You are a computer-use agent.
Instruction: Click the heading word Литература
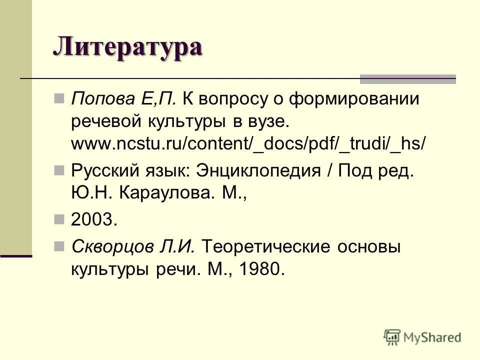point(127,47)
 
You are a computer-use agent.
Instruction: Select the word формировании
point(353,99)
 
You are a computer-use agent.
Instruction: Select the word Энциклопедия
point(254,170)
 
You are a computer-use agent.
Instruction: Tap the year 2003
point(94,220)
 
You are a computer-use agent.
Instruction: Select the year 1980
point(262,269)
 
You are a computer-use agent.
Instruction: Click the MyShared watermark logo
point(422,337)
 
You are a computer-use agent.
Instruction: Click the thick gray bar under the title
point(408,78)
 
